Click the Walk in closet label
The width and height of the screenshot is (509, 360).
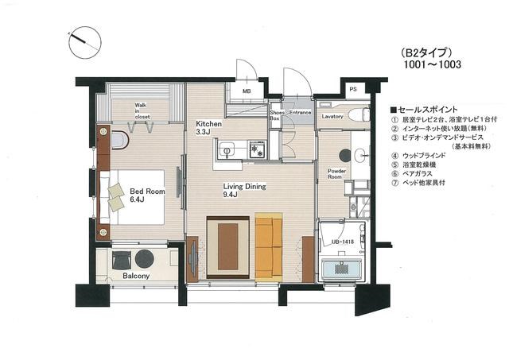point(142,110)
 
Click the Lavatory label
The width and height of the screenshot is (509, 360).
point(332,117)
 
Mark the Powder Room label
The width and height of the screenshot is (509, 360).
point(335,173)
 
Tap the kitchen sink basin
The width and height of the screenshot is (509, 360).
point(225,149)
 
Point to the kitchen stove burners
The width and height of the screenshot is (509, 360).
point(256,148)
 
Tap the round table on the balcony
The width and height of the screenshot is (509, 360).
point(146,259)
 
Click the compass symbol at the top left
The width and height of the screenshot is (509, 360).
point(84,40)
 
